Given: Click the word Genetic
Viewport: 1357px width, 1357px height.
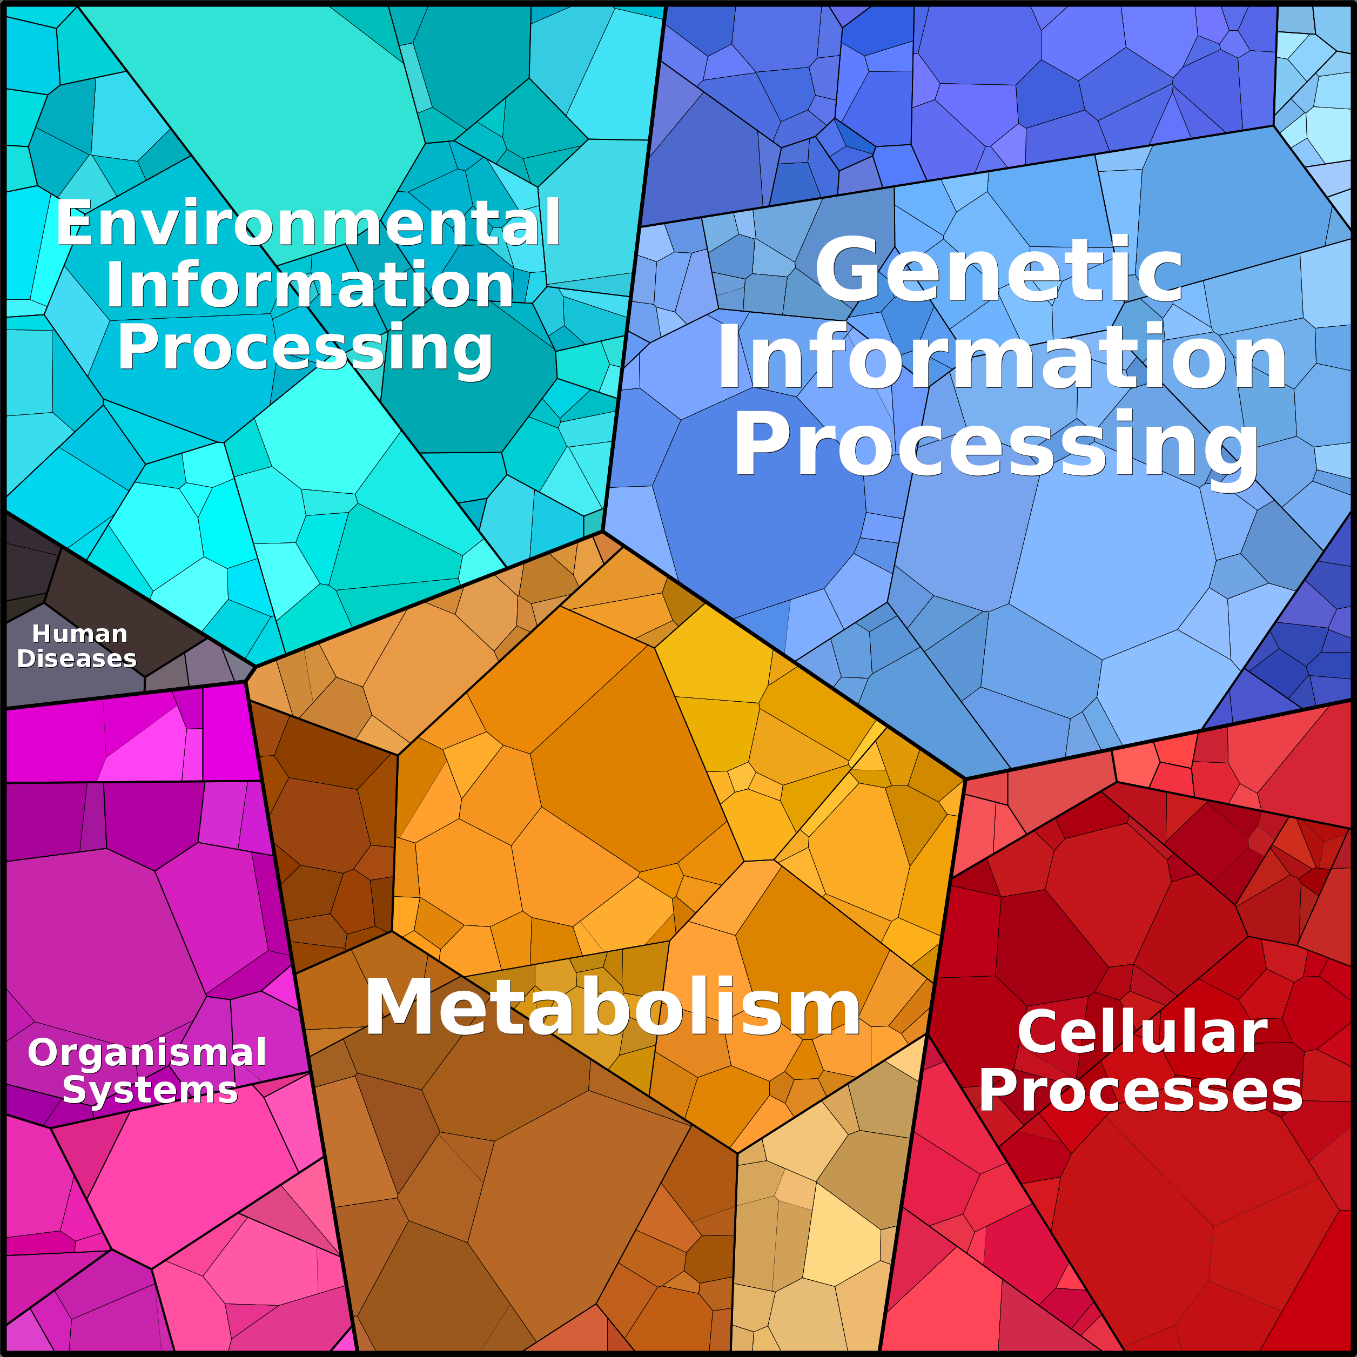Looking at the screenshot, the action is click(999, 271).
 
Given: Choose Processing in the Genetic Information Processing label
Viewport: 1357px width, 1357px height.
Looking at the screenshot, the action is click(996, 447).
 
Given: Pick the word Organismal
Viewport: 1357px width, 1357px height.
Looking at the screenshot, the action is click(147, 1052).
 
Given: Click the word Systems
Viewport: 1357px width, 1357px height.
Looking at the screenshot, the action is click(150, 1091).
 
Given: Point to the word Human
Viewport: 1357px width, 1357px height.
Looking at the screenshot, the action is click(79, 634).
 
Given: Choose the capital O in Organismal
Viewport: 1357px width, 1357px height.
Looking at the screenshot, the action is click(44, 1053).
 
